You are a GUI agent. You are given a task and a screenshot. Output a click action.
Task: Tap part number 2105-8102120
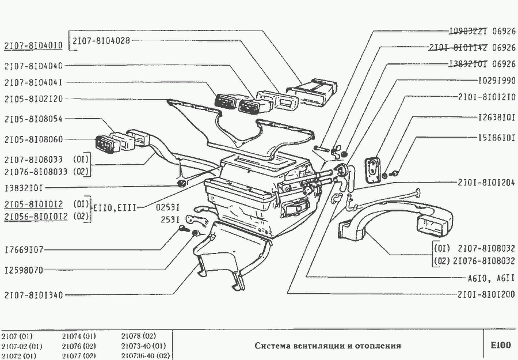pyautogui.click(x=33, y=98)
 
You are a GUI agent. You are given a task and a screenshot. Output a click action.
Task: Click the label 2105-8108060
pyautogui.click(x=33, y=139)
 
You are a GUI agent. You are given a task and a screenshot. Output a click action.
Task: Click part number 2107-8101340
pyautogui.click(x=33, y=295)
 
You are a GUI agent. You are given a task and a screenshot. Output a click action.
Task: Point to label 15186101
pyautogui.click(x=496, y=138)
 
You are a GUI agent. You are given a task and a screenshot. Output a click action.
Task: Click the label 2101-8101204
pyautogui.click(x=487, y=183)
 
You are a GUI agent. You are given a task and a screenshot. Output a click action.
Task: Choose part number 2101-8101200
pyautogui.click(x=487, y=294)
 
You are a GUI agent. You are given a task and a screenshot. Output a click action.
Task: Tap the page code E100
pyautogui.click(x=500, y=346)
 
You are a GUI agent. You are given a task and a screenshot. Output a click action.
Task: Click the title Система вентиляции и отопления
pyautogui.click(x=328, y=346)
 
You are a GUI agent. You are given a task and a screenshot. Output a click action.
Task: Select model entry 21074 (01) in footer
pyautogui.click(x=79, y=336)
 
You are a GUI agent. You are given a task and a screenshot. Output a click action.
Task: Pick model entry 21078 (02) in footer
pyautogui.click(x=139, y=336)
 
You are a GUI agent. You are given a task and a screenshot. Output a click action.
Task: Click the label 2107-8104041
pyautogui.click(x=33, y=82)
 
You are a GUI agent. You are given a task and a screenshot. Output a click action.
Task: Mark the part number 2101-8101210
pyautogui.click(x=487, y=97)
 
